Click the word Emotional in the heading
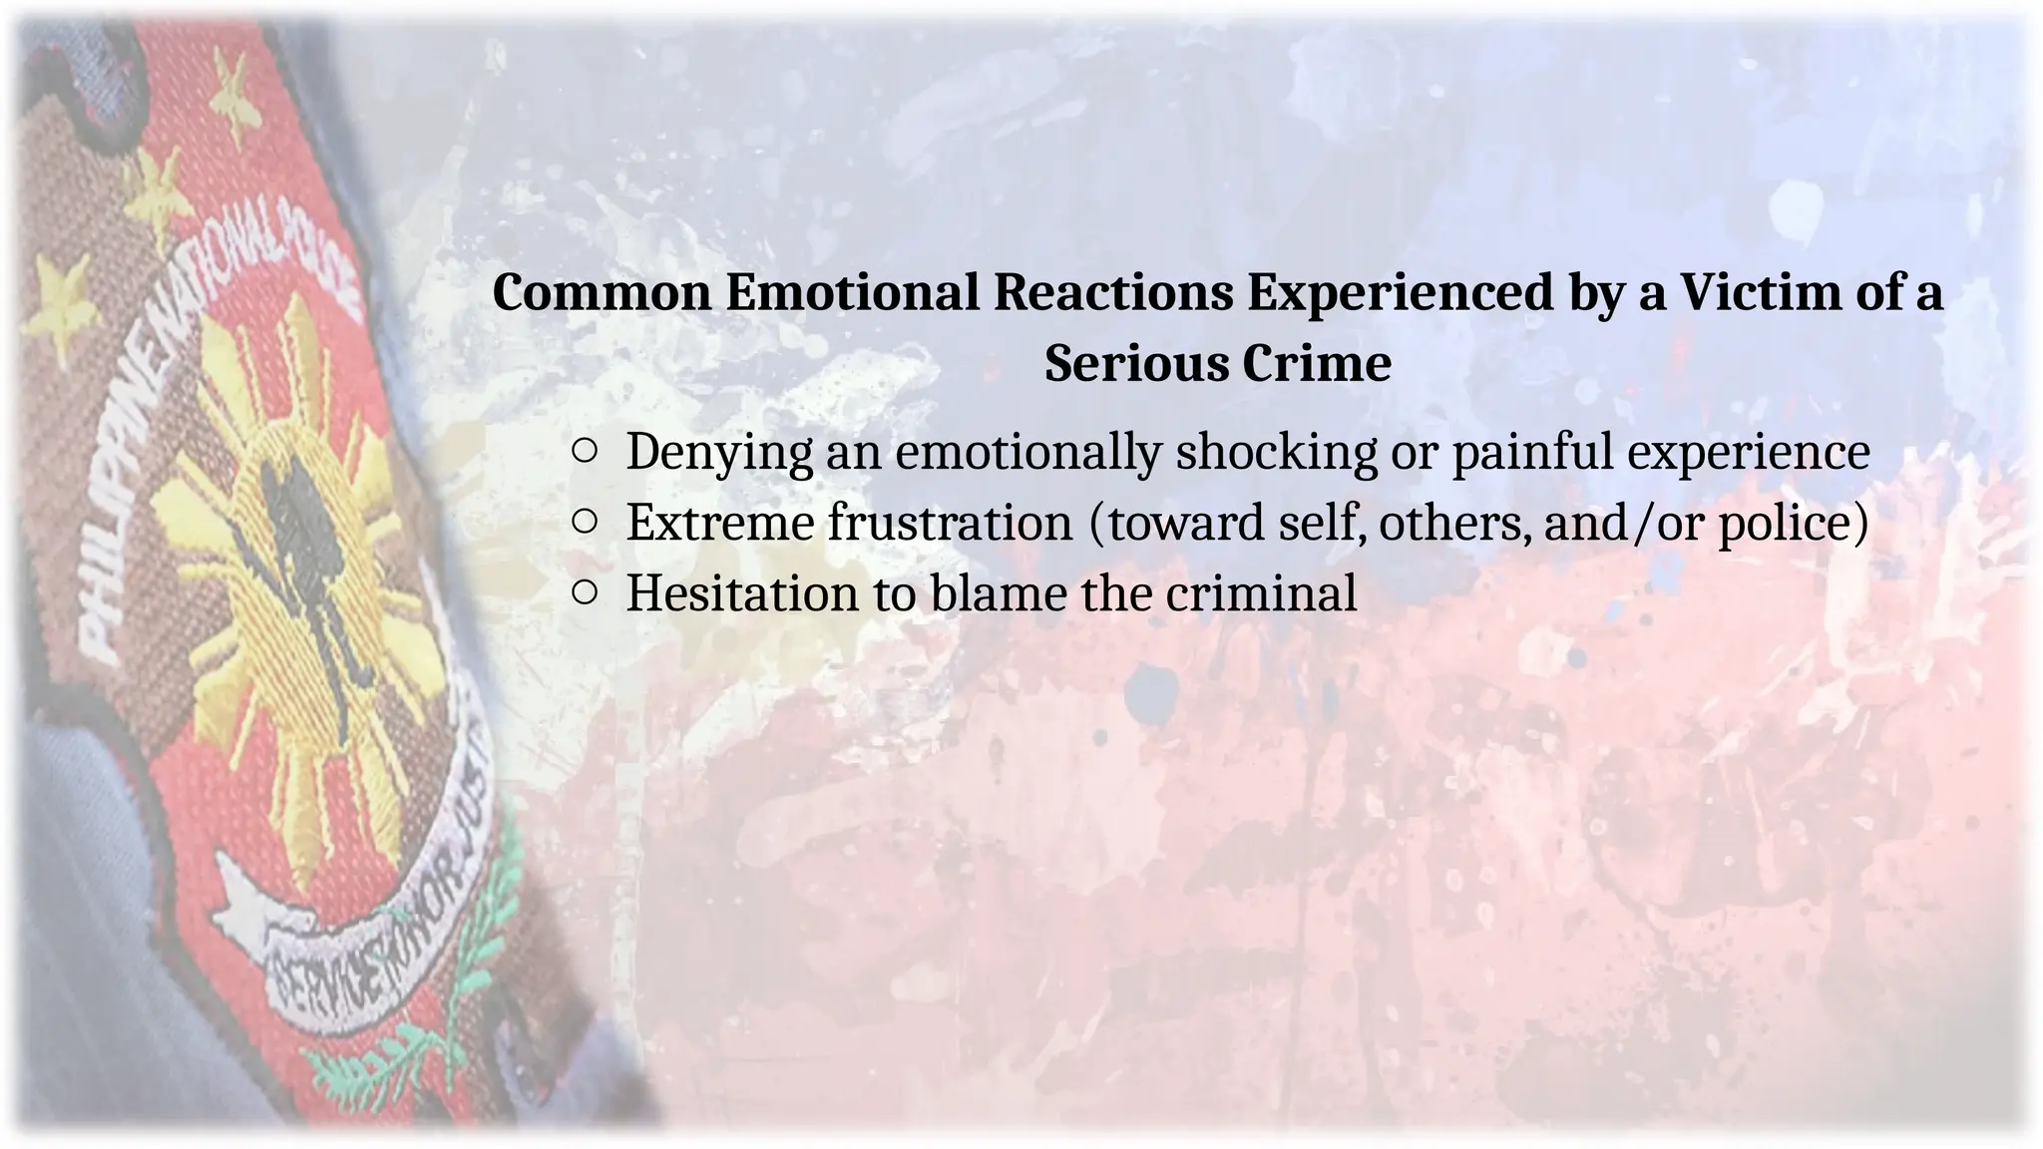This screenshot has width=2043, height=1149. tap(851, 293)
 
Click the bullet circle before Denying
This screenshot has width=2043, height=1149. tap(586, 452)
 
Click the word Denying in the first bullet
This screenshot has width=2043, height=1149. tap(719, 452)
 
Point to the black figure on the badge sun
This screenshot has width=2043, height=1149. tap(299, 559)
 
